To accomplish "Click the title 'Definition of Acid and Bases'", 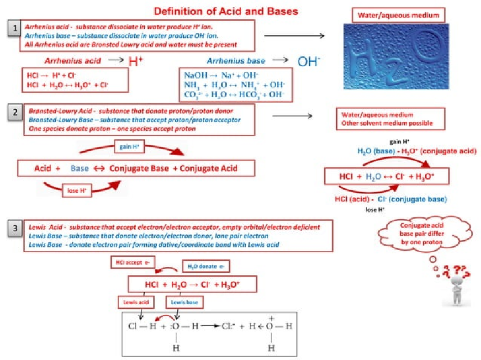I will pyautogui.click(x=226, y=11).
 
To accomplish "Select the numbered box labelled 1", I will pyautogui.click(x=15, y=29).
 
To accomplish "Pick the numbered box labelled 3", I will pyautogui.click(x=15, y=229).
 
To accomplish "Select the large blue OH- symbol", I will pyautogui.click(x=309, y=61).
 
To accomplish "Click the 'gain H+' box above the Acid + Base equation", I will pyautogui.click(x=129, y=147).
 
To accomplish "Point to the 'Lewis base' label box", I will pyautogui.click(x=184, y=302).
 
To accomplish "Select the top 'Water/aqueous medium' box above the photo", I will pyautogui.click(x=392, y=16).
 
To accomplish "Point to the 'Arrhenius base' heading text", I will pyautogui.click(x=236, y=61).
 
